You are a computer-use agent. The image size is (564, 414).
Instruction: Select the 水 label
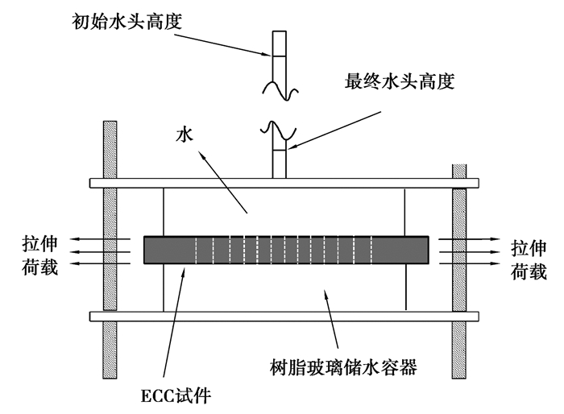pos(184,136)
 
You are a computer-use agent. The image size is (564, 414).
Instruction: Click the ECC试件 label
pos(174,395)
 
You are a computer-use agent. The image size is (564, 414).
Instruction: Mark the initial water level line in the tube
pos(278,55)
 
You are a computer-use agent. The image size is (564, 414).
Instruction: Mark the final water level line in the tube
pos(278,151)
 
